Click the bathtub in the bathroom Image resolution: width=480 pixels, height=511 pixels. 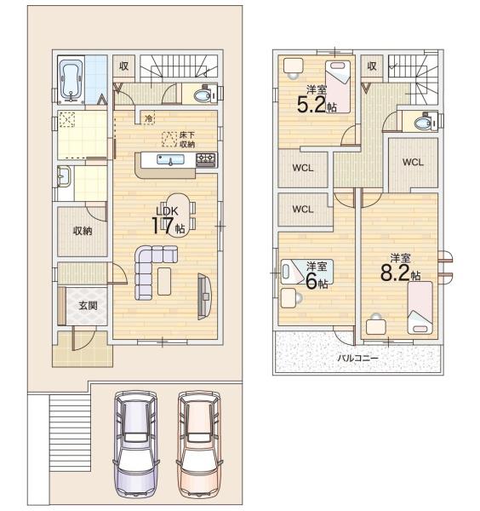71,80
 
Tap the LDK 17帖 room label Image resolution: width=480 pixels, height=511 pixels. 168,221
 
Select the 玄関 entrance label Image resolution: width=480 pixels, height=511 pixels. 88,306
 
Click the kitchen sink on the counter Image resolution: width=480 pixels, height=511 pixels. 170,160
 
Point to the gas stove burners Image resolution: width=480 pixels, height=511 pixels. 206,159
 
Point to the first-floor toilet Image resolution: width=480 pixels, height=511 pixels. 204,95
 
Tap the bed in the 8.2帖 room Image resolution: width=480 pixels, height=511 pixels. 420,307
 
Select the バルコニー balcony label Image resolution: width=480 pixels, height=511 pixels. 357,359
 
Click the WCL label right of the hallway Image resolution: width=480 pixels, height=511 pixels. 413,162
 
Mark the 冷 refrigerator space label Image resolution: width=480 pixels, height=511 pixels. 148,118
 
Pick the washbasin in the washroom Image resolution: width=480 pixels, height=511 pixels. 64,176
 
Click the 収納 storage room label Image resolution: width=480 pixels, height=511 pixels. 83,231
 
